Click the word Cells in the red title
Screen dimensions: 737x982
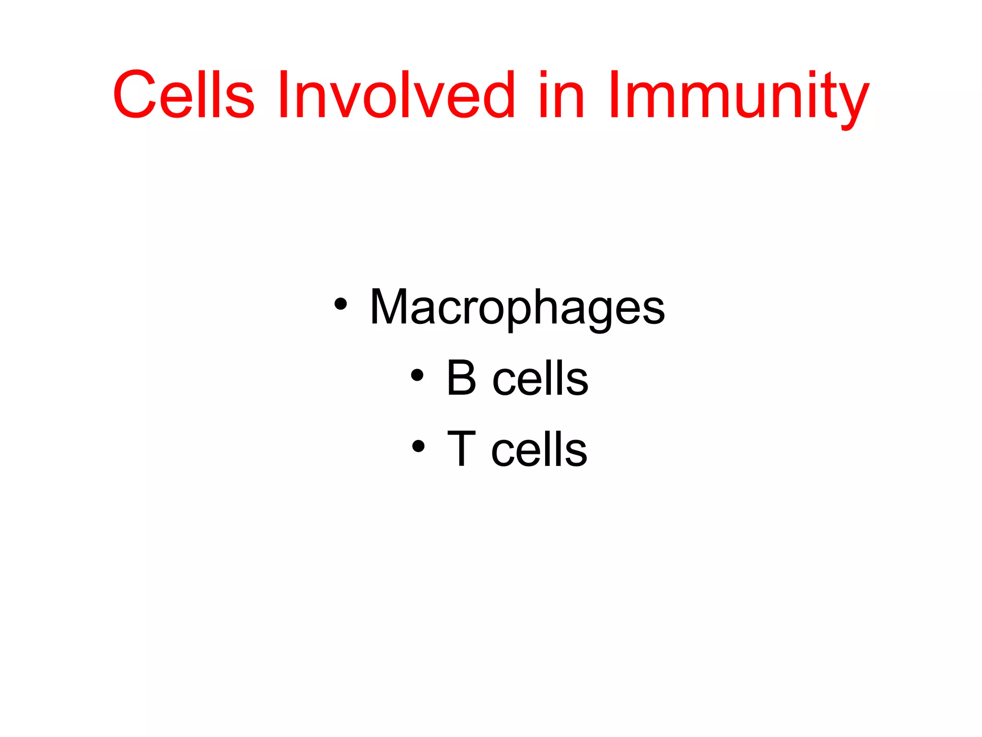click(183, 95)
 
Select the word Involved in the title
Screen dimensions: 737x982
click(396, 95)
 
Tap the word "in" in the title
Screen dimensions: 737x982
click(561, 95)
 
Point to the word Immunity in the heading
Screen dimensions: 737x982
click(738, 96)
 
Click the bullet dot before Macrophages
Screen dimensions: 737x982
click(340, 304)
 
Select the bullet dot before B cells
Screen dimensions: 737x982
click(417, 375)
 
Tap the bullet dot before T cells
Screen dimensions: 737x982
click(418, 446)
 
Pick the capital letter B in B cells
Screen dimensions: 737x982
click(461, 378)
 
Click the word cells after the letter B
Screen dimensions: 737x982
click(540, 379)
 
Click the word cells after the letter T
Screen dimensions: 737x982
click(539, 450)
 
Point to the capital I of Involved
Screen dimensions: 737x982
click(283, 95)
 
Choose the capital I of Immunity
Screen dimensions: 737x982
click(614, 95)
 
